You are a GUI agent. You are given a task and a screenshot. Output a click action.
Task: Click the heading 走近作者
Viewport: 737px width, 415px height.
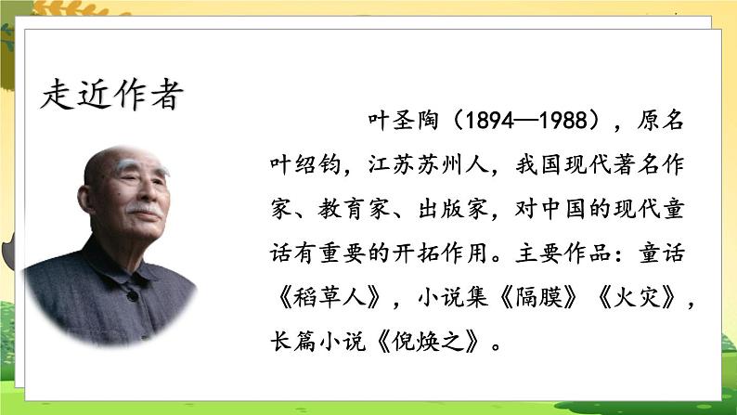[112, 93]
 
